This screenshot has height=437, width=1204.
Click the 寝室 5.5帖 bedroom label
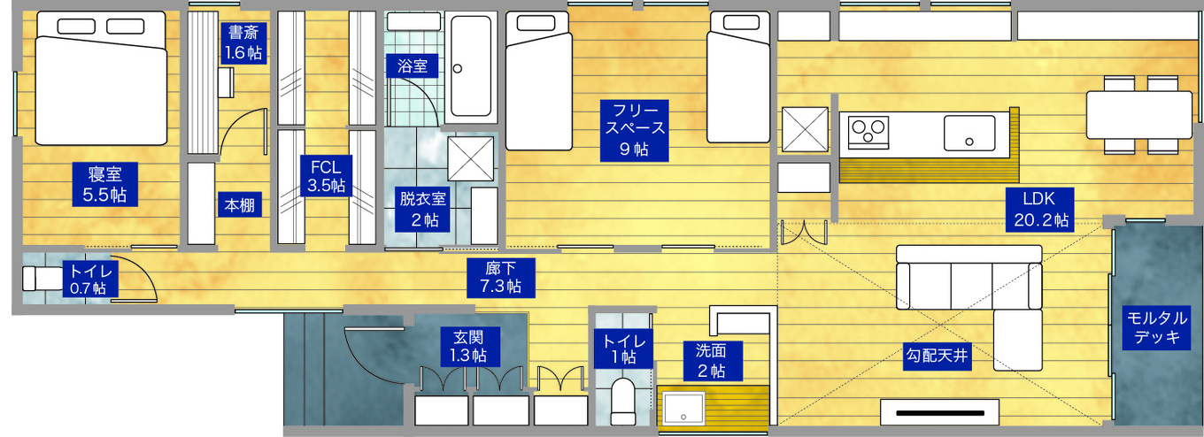[104, 184]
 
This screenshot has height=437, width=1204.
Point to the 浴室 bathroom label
[413, 65]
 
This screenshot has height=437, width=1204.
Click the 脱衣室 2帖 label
[423, 208]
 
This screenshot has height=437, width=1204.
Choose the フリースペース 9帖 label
[633, 130]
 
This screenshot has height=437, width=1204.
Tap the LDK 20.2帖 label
[1038, 209]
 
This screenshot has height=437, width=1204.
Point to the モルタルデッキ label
[1156, 327]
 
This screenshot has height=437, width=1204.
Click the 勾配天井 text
[938, 356]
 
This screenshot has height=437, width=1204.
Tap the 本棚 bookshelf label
[239, 205]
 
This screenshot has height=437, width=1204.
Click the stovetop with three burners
[868, 133]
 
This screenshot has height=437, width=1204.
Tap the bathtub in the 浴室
[469, 66]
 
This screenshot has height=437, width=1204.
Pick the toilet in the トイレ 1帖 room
[623, 398]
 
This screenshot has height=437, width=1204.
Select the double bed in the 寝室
[101, 80]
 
